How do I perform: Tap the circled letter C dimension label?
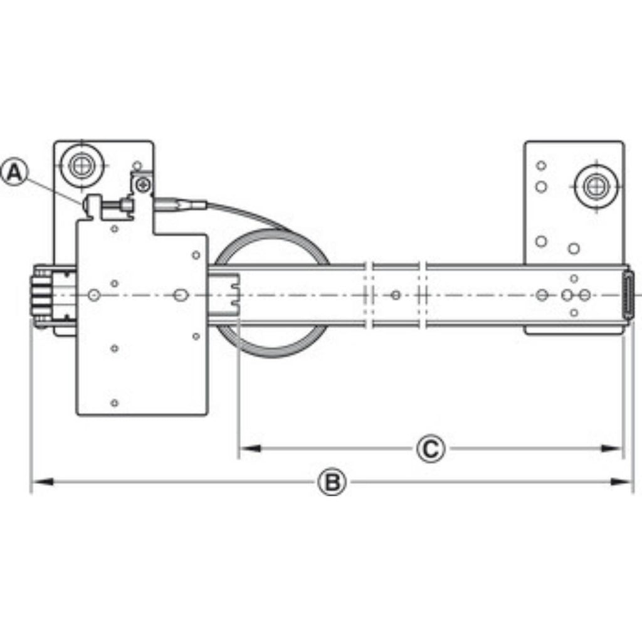(x=430, y=449)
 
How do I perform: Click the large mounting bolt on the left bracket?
(x=80, y=166)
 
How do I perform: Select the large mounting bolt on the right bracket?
(x=593, y=186)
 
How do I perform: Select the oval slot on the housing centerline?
(x=181, y=295)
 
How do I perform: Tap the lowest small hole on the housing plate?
(x=114, y=403)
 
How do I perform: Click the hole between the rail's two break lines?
(x=395, y=295)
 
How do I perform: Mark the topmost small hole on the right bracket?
(x=541, y=166)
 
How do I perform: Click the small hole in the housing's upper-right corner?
(x=196, y=255)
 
